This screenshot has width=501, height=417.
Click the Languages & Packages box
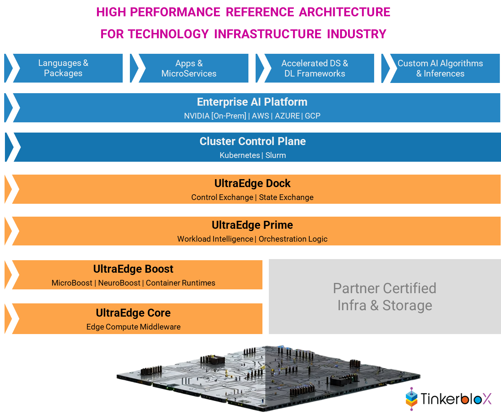[63, 68]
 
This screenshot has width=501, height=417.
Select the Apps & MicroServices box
[189, 68]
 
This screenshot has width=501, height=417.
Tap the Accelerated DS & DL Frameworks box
[315, 68]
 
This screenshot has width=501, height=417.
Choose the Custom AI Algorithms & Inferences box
[440, 68]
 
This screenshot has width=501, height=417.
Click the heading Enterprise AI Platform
[252, 102]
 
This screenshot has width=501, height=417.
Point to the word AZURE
[287, 116]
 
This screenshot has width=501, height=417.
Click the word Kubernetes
[240, 155]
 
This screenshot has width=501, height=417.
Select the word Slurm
[276, 155]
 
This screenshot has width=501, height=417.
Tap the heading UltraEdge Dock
[252, 183]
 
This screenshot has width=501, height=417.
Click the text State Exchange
[286, 197]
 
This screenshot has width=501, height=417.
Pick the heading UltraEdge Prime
[252, 225]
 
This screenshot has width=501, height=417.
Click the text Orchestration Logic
[293, 239]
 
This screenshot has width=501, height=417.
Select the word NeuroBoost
[119, 283]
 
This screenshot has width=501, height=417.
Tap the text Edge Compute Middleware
[133, 327]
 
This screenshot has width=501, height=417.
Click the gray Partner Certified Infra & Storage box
[385, 297]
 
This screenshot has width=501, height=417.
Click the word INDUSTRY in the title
[356, 34]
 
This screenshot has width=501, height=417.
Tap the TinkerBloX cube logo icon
[412, 399]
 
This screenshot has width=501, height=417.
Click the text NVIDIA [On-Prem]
[215, 116]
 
